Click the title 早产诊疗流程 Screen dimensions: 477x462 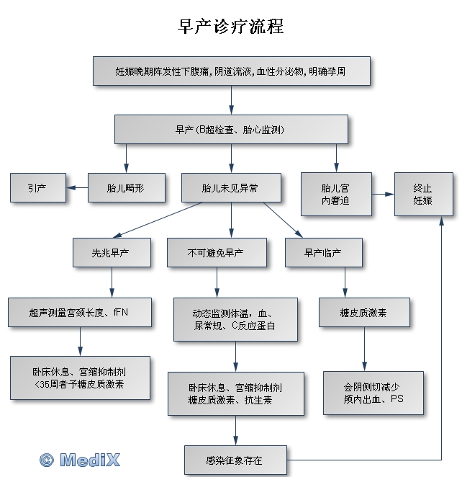click(x=231, y=27)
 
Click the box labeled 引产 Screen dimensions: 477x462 click(x=37, y=188)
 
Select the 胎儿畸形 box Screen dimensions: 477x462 click(x=126, y=188)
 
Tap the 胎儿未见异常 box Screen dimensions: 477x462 click(x=230, y=188)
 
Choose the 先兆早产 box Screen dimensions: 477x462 click(x=112, y=253)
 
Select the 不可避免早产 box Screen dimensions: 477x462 click(x=216, y=253)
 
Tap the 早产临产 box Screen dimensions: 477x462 click(x=323, y=253)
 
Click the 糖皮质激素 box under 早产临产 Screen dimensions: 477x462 click(x=364, y=313)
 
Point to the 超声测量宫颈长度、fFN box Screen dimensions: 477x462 click(x=81, y=313)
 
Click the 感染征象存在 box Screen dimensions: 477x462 click(x=235, y=460)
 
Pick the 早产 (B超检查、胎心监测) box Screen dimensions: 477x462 click(x=231, y=130)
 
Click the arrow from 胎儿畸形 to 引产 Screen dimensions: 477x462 click(x=76, y=188)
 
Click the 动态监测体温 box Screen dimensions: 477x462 click(x=235, y=319)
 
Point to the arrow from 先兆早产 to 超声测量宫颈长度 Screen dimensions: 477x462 click(x=112, y=282)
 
